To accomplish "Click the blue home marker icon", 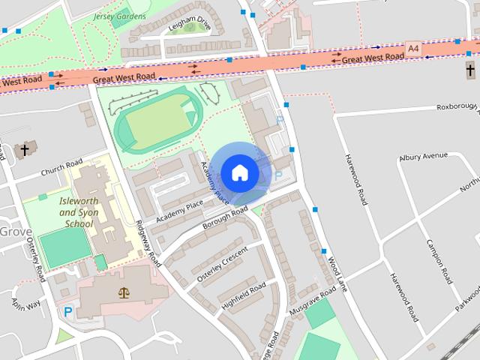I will pos(239,172).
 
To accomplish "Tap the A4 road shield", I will pos(412,49).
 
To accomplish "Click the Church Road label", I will pos(61,169).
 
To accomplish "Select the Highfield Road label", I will pos(244,295).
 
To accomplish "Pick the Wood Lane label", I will pos(338,274).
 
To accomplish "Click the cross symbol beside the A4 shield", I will pos(470,71).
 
